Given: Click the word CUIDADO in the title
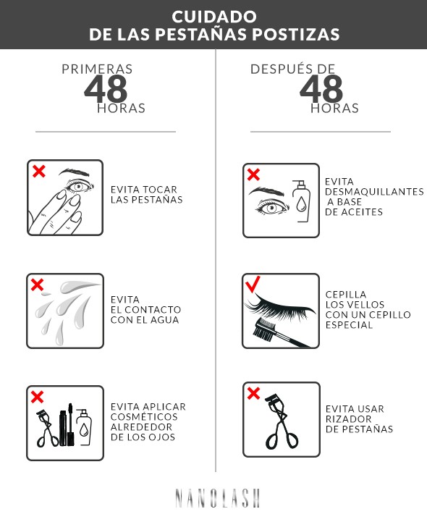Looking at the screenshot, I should tap(213, 15).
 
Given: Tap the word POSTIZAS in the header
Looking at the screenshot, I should tap(298, 34).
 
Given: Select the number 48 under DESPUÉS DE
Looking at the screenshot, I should tap(321, 88).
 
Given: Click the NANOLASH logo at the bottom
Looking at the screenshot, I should tap(217, 498).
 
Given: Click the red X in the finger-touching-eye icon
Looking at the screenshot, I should tap(38, 172).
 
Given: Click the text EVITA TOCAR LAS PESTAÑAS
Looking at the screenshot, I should tap(146, 194).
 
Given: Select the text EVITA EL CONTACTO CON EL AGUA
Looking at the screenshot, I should tap(145, 309).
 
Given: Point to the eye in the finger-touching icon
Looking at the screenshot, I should tap(79, 186).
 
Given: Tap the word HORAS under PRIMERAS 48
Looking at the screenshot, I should tap(121, 109).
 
